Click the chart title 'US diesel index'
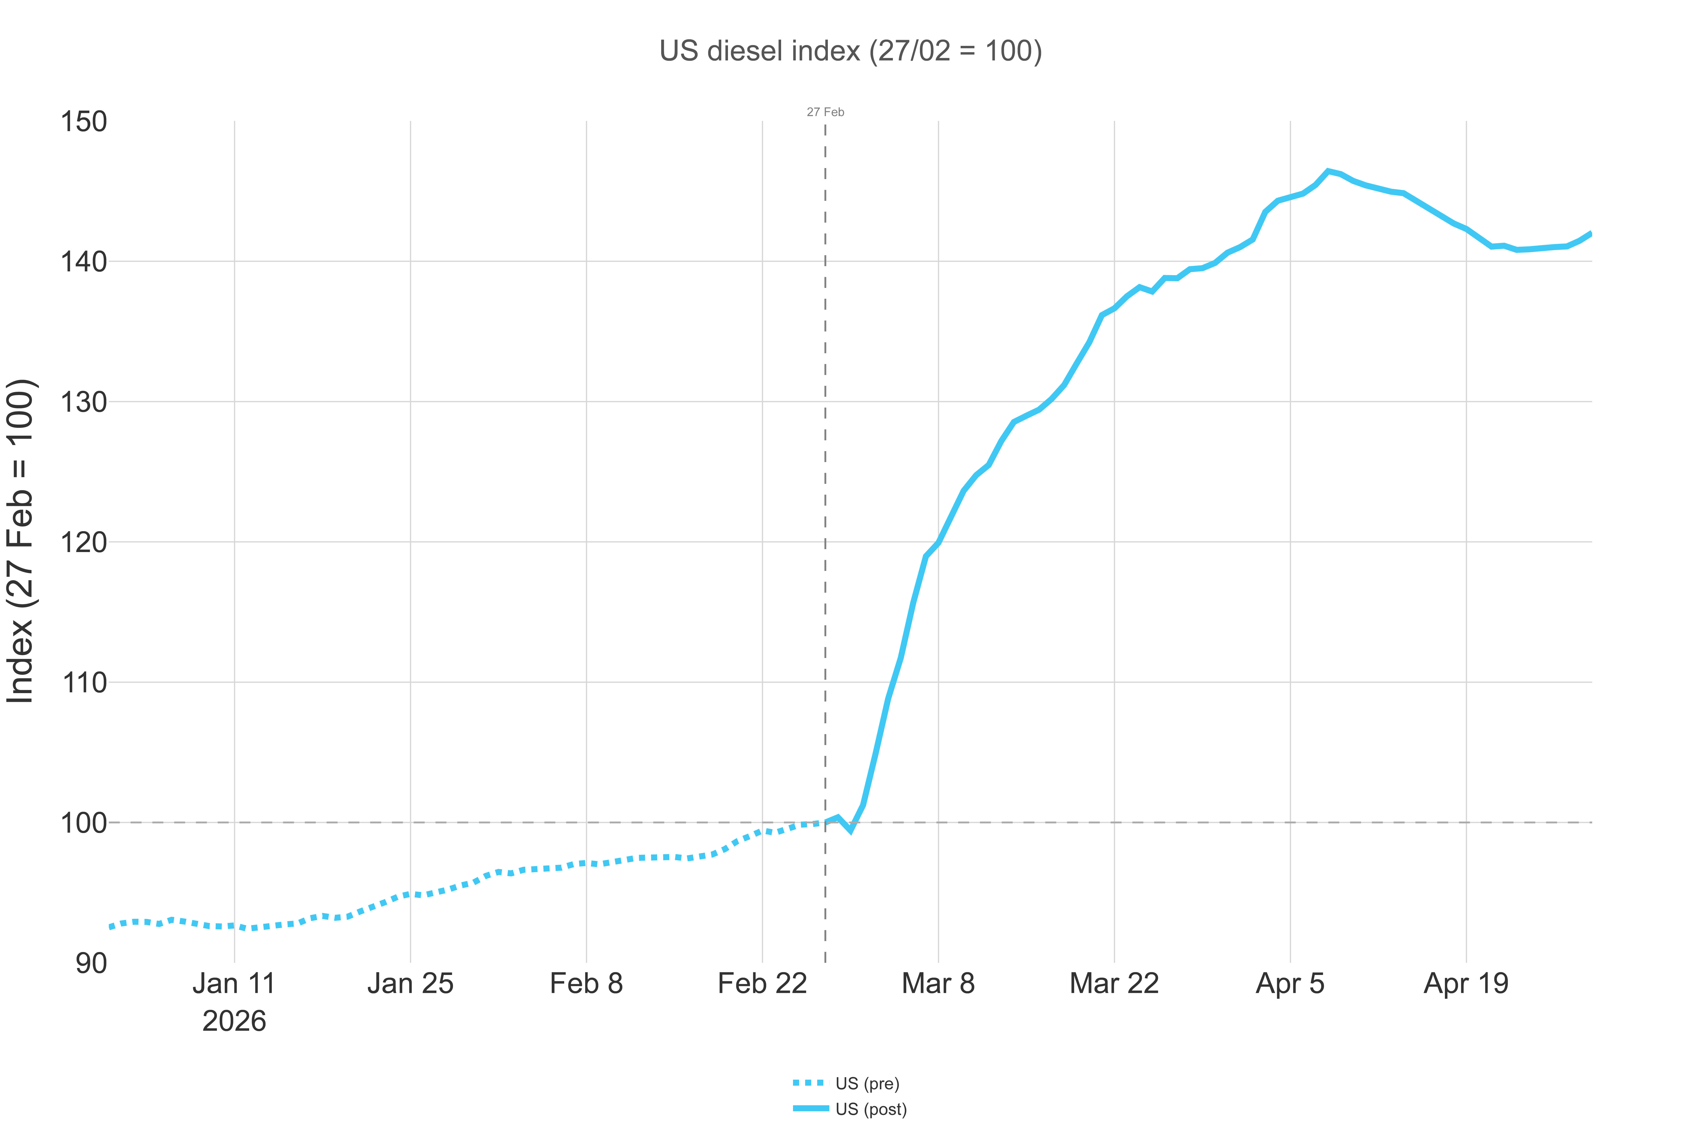pos(850,51)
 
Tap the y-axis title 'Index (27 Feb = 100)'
pos(20,541)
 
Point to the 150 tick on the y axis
pos(84,122)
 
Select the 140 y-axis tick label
pos(84,262)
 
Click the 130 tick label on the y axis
pos(84,402)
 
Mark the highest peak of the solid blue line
pos(1328,171)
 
